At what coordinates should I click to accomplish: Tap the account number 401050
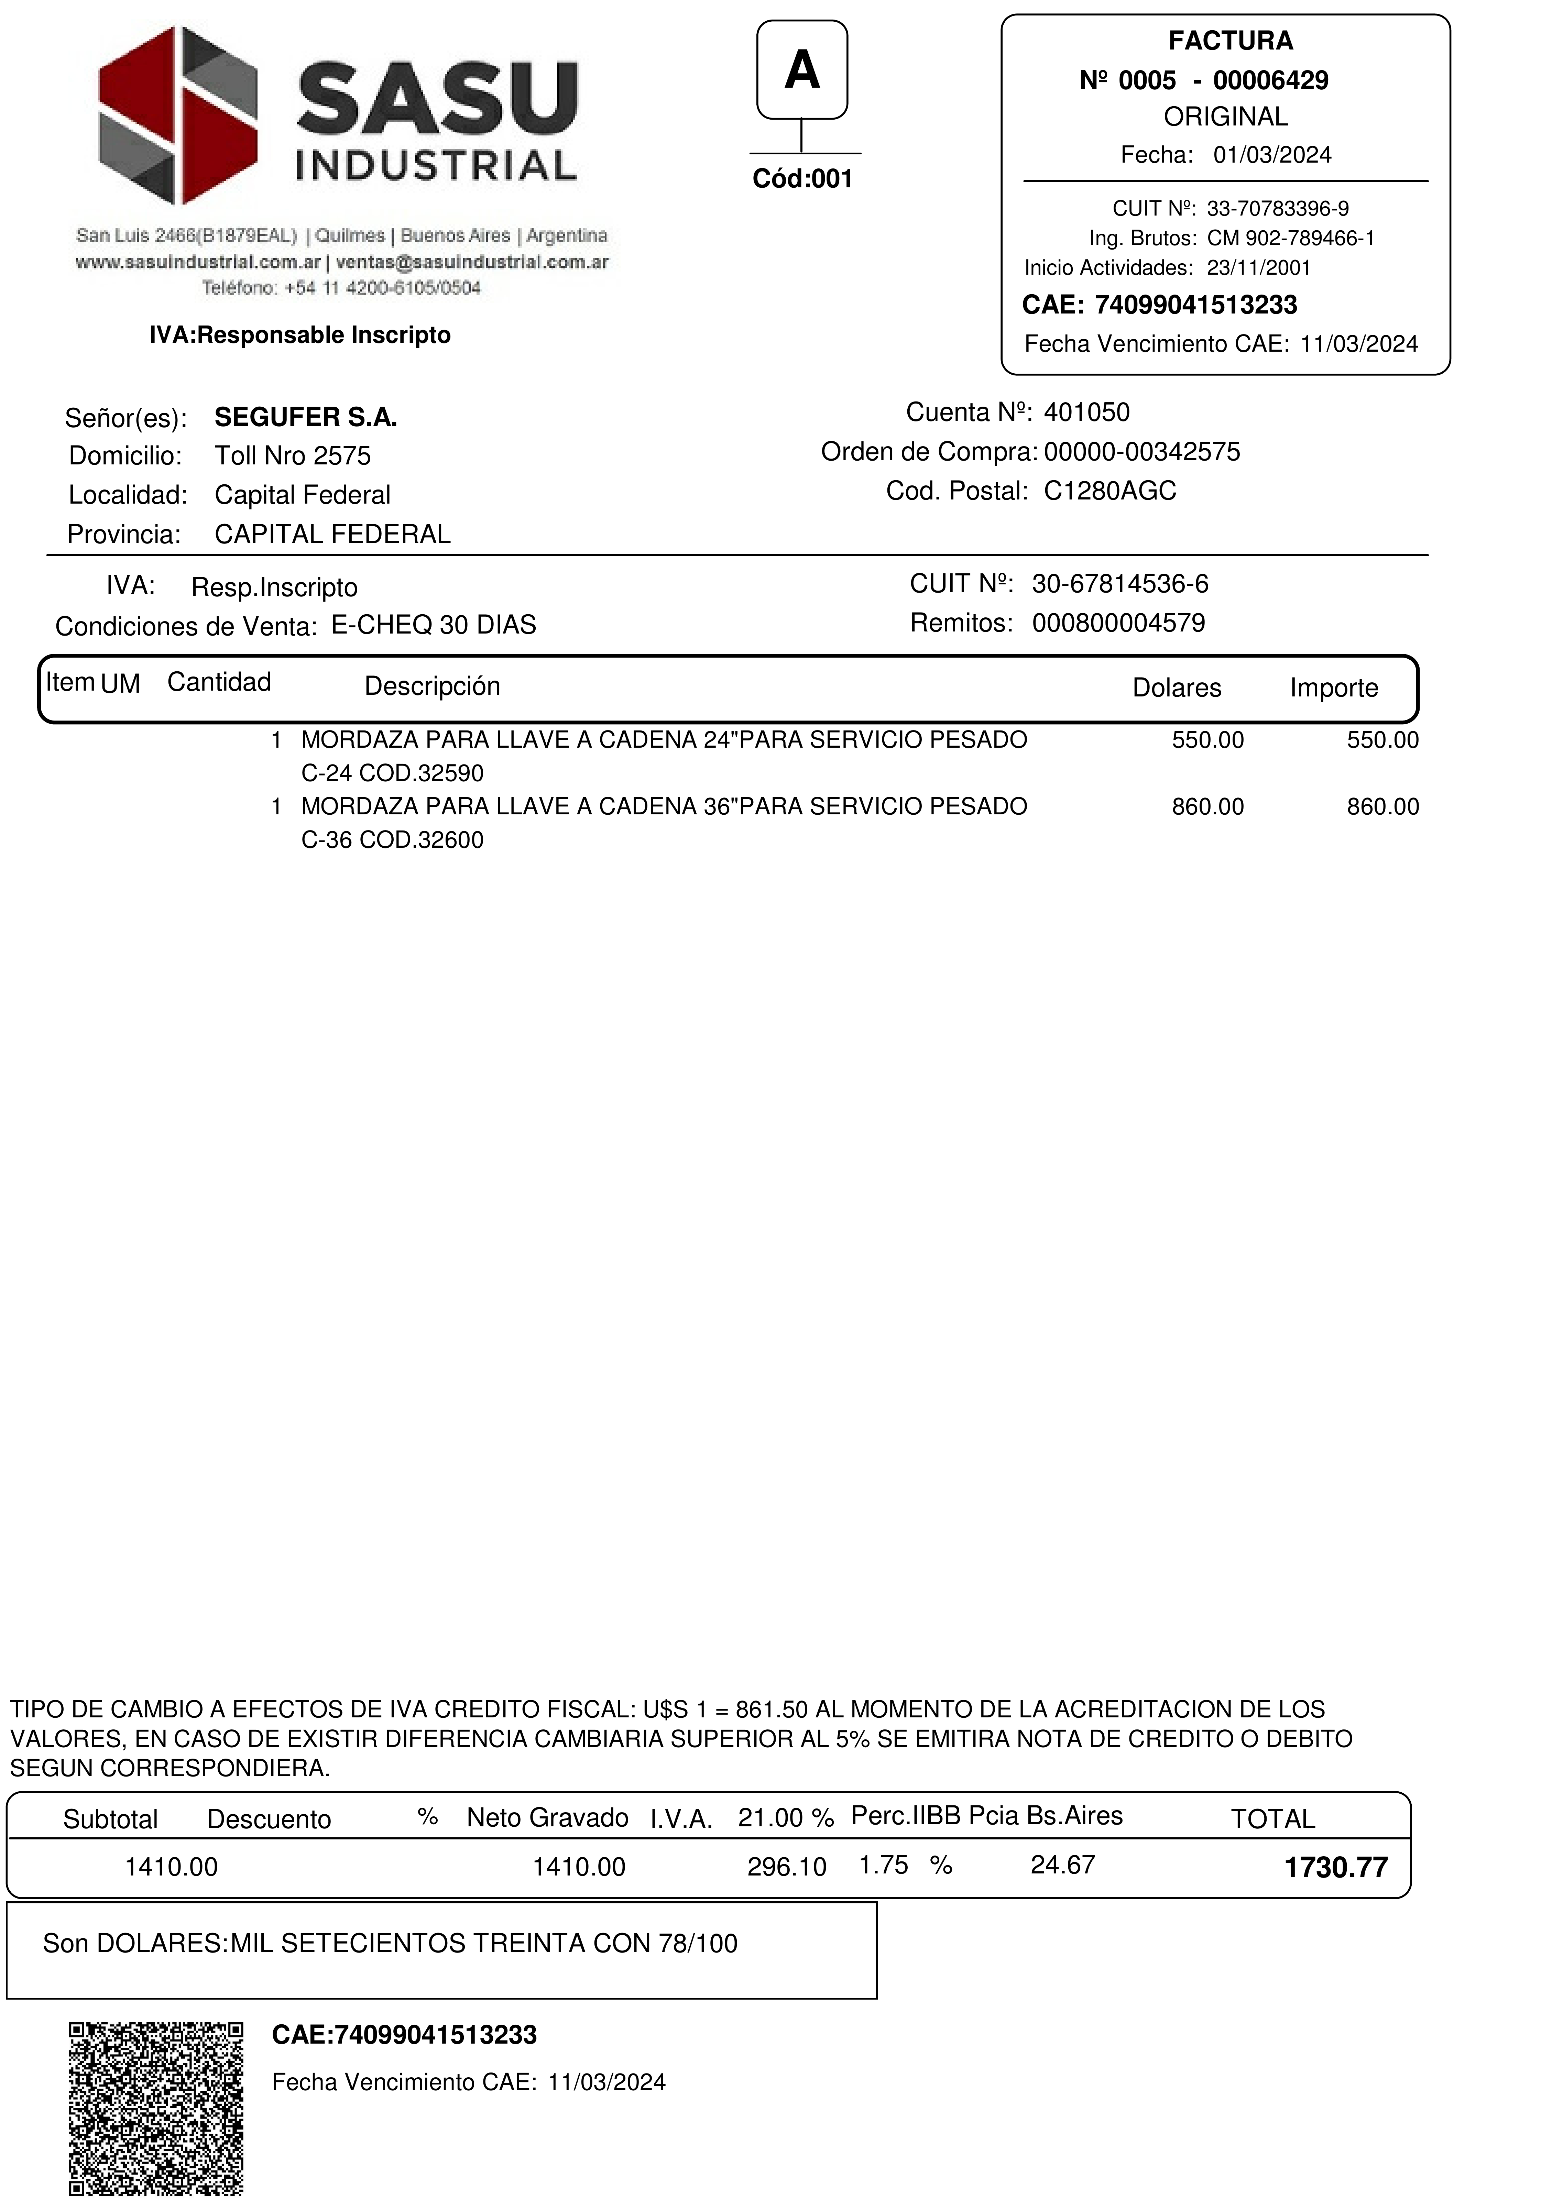(x=1086, y=413)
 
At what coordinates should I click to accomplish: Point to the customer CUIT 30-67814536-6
(x=1120, y=584)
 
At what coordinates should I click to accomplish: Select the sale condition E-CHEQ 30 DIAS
(x=433, y=626)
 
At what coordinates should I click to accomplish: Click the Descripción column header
(x=433, y=686)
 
